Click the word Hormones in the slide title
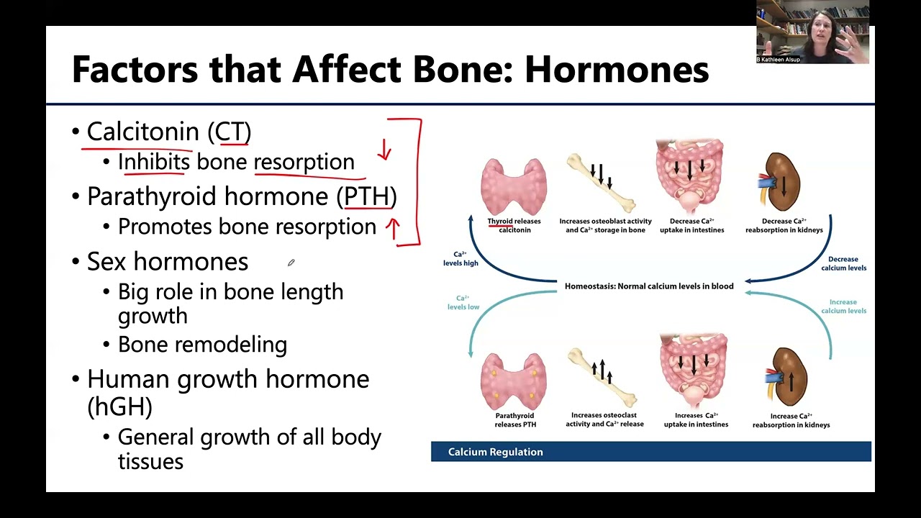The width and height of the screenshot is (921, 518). pos(617,71)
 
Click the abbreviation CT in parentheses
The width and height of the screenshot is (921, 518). pos(232,132)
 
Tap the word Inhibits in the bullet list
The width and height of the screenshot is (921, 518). pos(154,162)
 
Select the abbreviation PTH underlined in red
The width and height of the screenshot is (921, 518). pos(366,196)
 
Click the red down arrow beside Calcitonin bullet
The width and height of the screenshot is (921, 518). pos(385,150)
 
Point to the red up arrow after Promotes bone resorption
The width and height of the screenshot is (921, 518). pos(393,228)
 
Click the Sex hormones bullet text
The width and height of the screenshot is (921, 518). pos(167,261)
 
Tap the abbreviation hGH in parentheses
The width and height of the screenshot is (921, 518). pos(119,406)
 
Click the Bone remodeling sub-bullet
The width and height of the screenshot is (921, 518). pos(202,345)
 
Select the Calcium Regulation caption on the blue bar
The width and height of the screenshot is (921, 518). pos(496,452)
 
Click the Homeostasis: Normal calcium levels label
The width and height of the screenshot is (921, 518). pos(649,286)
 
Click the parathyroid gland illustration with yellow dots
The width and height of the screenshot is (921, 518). pos(513,381)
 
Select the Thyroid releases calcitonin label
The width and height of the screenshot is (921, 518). pos(514,225)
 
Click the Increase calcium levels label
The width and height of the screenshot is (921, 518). pos(843,306)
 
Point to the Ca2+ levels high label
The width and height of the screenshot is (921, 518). pos(460,259)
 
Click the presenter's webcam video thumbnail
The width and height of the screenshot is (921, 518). pos(812,32)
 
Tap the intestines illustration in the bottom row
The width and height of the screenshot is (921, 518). pos(694,371)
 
